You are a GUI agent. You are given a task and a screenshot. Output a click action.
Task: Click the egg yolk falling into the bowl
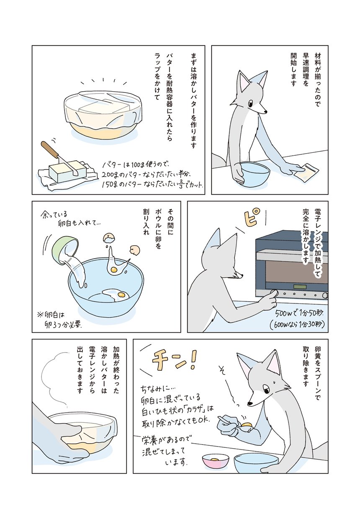pyautogui.click(x=113, y=270)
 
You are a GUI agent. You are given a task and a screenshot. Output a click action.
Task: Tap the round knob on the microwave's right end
pyautogui.click(x=325, y=296)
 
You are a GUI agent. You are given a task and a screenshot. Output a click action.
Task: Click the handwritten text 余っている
pyautogui.click(x=54, y=215)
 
